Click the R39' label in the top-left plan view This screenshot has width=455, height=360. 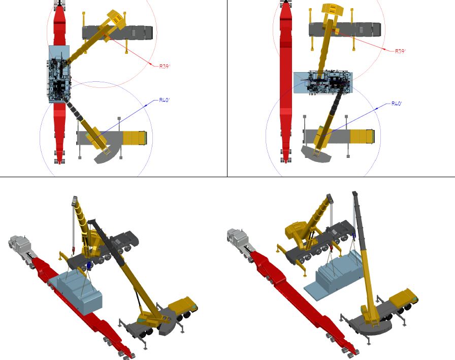(x=165, y=67)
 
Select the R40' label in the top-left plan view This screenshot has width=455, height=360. (x=165, y=100)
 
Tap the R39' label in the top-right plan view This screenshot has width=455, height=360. (x=401, y=51)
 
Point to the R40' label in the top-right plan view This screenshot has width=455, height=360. (x=397, y=104)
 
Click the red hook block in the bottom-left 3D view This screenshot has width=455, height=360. (x=72, y=249)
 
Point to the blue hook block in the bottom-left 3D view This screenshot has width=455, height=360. (x=89, y=265)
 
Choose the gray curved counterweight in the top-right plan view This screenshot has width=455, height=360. (x=316, y=154)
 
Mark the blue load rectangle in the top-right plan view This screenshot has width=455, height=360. (x=323, y=83)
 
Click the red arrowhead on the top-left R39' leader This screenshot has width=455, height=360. (x=150, y=63)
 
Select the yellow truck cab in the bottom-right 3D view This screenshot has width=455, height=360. (x=404, y=297)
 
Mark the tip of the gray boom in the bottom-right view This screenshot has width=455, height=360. (x=354, y=193)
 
